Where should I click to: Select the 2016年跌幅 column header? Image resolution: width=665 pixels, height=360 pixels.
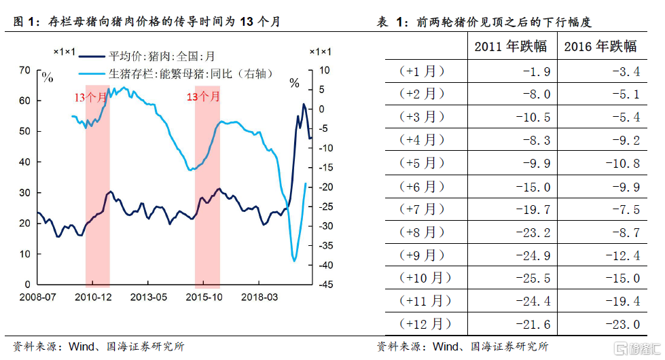click(x=600, y=47)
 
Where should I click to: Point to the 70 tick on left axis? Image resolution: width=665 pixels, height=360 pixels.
click(x=24, y=70)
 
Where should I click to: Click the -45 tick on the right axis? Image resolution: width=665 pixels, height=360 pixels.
click(x=322, y=285)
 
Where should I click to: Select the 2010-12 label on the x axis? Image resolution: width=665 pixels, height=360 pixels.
click(x=93, y=297)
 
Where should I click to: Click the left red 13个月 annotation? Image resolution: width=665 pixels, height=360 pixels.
click(x=90, y=97)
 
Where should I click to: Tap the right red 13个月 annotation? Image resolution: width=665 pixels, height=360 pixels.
click(x=203, y=97)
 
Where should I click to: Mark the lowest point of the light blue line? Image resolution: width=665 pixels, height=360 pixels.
click(x=294, y=261)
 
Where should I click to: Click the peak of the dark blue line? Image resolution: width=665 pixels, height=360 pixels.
click(x=303, y=104)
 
